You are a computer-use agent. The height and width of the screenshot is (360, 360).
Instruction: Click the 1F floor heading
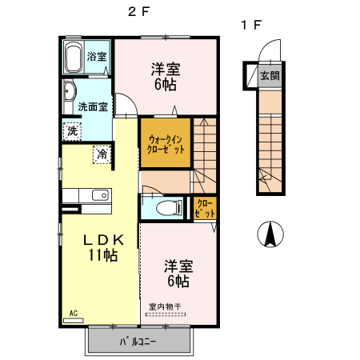pos(250,25)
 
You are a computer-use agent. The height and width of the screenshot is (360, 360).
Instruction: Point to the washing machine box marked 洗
pos(72,130)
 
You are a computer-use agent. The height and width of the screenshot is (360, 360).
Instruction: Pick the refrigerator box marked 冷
pos(102,154)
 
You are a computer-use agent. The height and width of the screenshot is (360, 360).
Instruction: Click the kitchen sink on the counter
pos(99,195)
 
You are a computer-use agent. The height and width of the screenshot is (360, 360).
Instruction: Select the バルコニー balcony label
pos(138,342)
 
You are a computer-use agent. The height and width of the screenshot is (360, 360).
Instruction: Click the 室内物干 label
pos(164,306)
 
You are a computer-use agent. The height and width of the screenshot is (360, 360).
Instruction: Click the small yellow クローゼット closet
pos(205,209)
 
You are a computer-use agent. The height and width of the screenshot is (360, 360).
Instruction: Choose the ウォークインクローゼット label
pos(166,143)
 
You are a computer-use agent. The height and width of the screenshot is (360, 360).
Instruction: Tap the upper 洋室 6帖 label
pos(166,75)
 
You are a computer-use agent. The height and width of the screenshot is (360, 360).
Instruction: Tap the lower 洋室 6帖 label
pos(178,272)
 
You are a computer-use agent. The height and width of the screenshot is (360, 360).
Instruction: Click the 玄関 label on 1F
pos(270,77)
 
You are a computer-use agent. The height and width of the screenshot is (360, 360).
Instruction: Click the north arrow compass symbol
pos(270,234)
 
